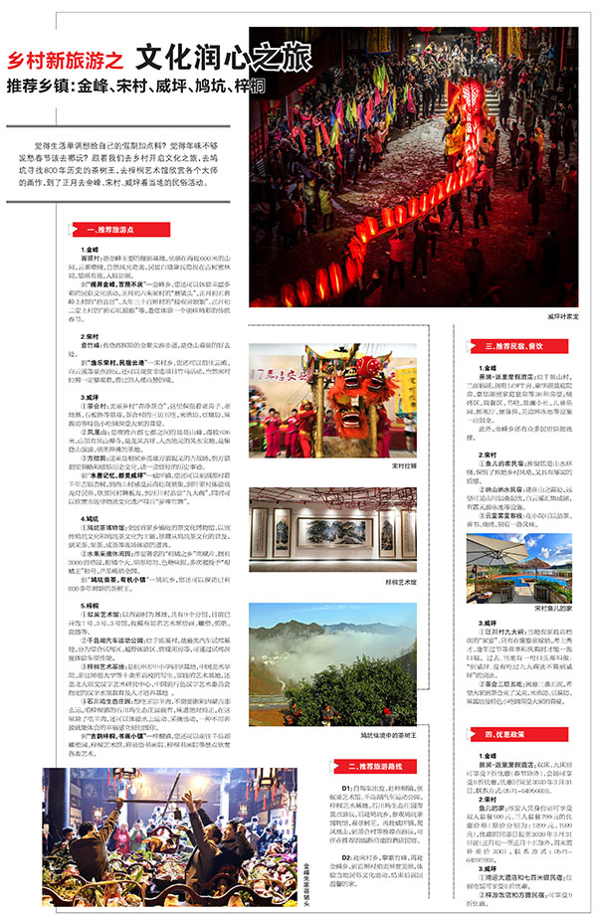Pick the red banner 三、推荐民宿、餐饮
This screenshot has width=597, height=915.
point(516,346)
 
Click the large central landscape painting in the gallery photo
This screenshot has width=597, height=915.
point(325,530)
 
